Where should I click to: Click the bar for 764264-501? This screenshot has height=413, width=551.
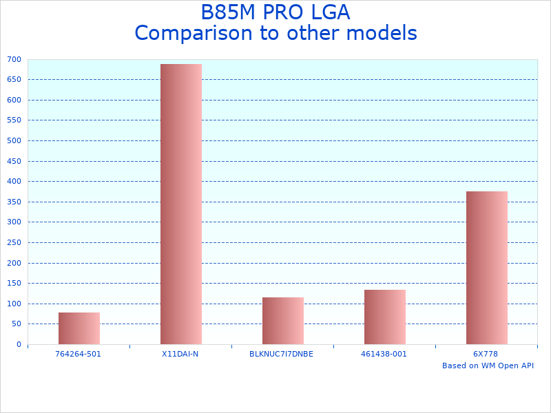(x=79, y=328)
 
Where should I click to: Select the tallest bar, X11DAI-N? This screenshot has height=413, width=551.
(x=181, y=204)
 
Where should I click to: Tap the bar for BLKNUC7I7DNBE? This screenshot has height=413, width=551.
(x=283, y=321)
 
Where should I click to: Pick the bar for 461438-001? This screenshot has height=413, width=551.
(x=385, y=317)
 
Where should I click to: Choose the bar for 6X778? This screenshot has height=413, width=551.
(x=487, y=268)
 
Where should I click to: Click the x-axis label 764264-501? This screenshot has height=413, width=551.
(x=79, y=354)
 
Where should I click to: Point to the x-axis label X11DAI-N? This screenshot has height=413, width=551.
(x=180, y=354)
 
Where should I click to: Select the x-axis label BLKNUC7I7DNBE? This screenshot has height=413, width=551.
(x=282, y=354)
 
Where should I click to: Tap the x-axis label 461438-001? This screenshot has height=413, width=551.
(x=384, y=354)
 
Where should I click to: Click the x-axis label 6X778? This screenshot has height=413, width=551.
(x=486, y=354)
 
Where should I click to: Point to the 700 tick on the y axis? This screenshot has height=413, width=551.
(x=14, y=59)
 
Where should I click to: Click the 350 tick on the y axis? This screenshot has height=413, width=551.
(x=14, y=202)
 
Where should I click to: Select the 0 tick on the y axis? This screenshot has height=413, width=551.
(x=20, y=344)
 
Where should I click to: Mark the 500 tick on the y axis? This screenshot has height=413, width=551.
(x=14, y=140)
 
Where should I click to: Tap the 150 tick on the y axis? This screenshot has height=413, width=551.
(x=14, y=283)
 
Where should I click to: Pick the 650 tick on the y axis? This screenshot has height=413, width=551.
(x=14, y=79)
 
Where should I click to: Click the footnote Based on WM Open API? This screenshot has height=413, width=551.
(x=488, y=366)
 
